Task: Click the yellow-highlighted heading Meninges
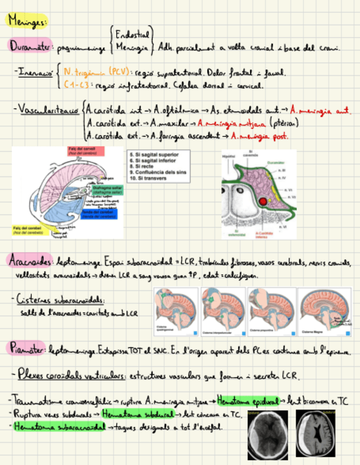28,21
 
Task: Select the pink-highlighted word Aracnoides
30,263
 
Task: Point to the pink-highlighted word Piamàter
27,348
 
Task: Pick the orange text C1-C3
76,85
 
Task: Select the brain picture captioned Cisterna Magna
324,311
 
